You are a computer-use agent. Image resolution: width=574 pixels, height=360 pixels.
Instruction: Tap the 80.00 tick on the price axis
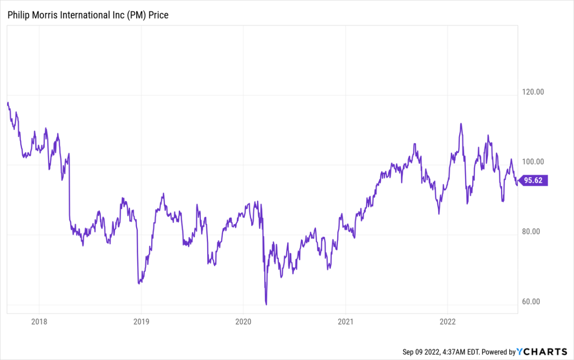coord(535,232)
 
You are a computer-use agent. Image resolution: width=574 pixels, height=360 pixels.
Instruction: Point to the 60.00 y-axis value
coord(535,302)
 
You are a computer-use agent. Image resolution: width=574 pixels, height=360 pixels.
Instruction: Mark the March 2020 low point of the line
coord(266,304)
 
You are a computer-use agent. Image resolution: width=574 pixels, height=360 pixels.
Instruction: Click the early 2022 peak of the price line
coord(461,124)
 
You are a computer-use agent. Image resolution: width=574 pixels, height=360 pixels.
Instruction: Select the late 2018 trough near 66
coord(139,283)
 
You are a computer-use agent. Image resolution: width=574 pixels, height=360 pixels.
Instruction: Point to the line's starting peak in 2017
coord(8,102)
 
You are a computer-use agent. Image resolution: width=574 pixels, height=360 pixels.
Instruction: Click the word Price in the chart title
coord(159,15)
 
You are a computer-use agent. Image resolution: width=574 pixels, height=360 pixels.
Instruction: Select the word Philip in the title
coord(18,15)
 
